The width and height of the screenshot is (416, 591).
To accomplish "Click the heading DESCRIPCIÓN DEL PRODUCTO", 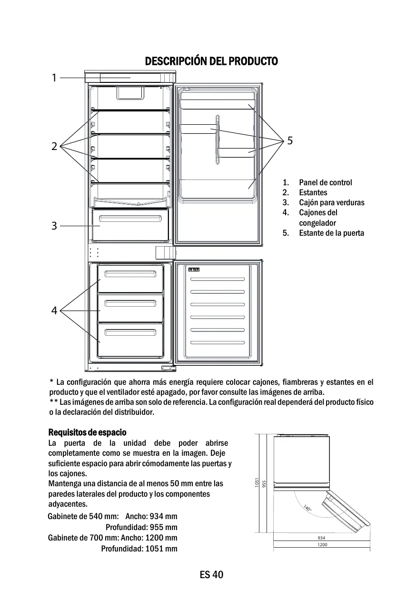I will coord(211,61).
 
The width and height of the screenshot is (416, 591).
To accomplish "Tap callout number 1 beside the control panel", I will coord(54,78).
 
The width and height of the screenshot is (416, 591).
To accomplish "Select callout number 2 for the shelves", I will coord(54,146).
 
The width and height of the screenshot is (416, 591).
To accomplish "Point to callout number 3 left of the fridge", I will coord(54,226).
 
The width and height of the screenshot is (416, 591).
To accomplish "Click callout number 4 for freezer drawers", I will coord(54,311).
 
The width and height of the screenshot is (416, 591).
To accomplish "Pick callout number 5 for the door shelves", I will coord(290,140).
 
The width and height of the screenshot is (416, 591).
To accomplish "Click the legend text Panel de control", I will coord(326,182).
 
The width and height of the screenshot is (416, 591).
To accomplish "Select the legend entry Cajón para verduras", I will coord(331,202).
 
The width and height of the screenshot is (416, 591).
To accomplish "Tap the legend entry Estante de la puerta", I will coord(331,233).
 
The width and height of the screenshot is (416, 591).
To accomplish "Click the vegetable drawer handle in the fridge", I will coord(130,219).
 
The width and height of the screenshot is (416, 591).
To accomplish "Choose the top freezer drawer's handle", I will coord(130,274).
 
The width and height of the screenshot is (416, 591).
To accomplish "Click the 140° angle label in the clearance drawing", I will coord(307,509).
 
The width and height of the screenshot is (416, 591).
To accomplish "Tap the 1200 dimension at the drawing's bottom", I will coord(322,544).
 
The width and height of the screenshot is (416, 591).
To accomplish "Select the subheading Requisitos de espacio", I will coord(88,432).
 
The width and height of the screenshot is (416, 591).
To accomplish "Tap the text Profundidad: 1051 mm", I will coord(139,549).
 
